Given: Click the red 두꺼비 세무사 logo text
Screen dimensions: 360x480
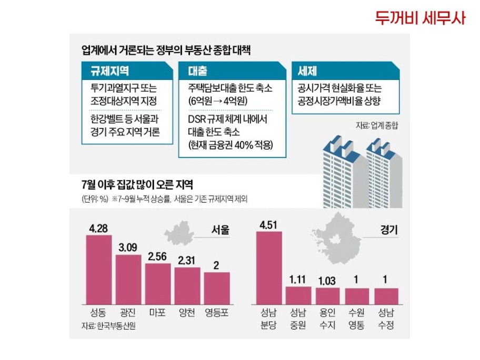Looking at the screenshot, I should click(421, 18).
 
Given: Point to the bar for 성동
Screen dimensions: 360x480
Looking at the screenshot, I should click(98, 268).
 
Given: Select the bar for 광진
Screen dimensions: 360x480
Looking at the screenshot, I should click(128, 278).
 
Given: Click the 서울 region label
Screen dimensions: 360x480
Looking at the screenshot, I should click(220, 230).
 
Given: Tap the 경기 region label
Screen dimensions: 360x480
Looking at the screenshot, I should click(387, 230).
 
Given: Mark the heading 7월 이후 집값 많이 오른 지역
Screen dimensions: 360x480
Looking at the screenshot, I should click(137, 185).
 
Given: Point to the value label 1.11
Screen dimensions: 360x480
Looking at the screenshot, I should click(298, 280).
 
